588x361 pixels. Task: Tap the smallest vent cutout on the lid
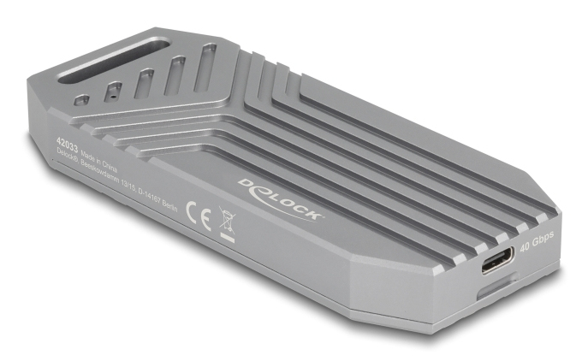(80, 100)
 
